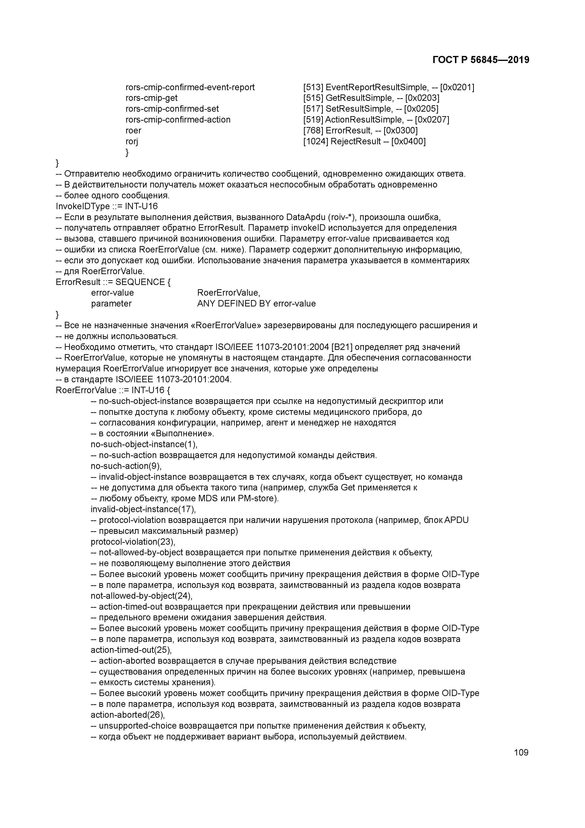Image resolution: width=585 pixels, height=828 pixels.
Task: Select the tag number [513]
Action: [x=313, y=87]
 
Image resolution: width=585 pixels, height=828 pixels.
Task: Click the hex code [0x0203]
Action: [x=422, y=98]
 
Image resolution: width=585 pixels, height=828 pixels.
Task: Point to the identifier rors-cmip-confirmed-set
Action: [x=172, y=109]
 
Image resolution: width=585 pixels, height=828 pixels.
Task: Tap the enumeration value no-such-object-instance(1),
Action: [x=144, y=444]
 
